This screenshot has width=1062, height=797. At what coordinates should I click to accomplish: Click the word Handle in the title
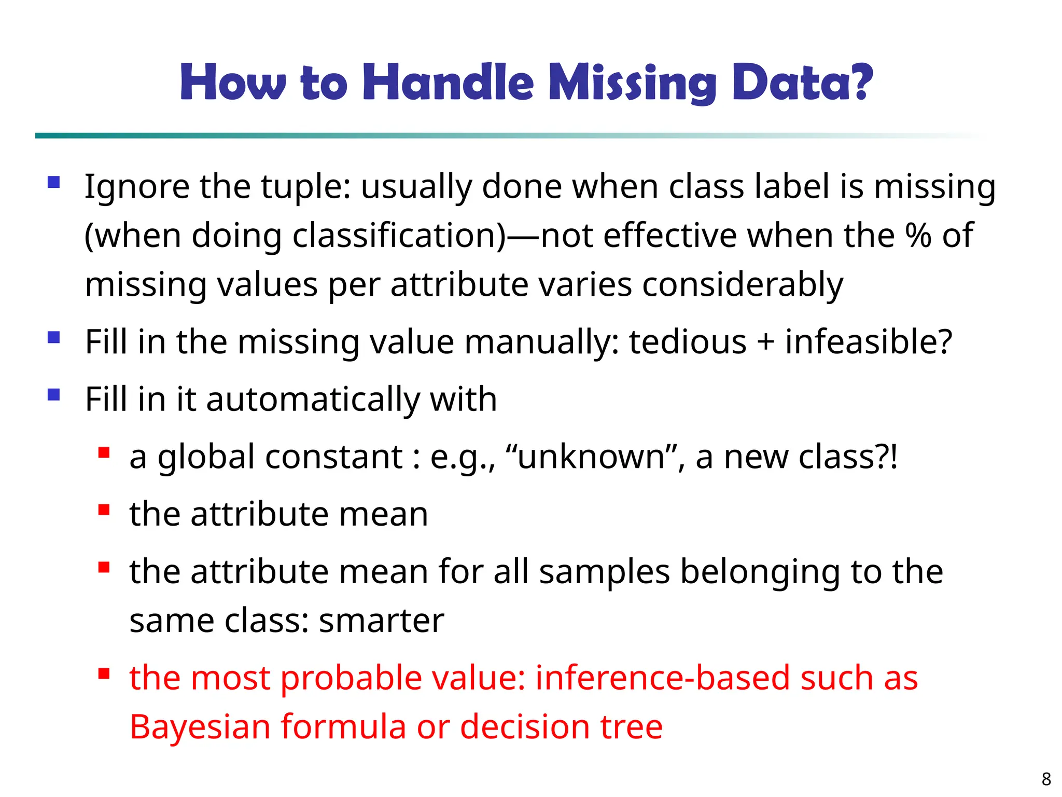[x=448, y=83]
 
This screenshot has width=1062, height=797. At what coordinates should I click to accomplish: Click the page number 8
[x=1046, y=779]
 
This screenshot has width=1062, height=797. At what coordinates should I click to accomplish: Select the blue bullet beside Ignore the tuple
[x=53, y=182]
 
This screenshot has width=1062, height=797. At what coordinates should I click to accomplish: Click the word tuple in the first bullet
[x=299, y=187]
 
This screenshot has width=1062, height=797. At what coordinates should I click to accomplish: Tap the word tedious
[x=687, y=342]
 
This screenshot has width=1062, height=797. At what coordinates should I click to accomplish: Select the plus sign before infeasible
[x=765, y=343]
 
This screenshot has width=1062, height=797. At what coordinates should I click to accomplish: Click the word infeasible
[x=868, y=342]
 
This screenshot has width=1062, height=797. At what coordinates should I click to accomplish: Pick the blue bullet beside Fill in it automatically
[x=53, y=395]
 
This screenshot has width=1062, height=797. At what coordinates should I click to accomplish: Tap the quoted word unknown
[x=591, y=457]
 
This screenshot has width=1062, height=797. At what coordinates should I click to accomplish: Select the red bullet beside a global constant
[x=104, y=453]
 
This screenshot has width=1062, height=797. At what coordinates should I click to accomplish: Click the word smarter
[x=381, y=621]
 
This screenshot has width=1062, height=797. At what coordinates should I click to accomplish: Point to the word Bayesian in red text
[x=200, y=726]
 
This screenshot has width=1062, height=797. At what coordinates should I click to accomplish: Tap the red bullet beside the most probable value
[x=104, y=674]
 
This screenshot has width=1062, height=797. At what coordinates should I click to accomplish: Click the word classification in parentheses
[x=394, y=236]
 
